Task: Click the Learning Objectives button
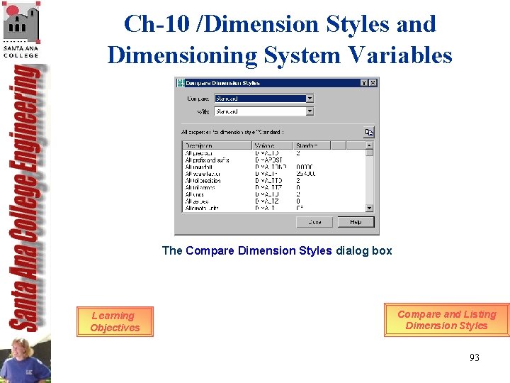point(115,321)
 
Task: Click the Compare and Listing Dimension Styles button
point(446,320)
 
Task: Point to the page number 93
point(474,357)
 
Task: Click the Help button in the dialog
point(356,222)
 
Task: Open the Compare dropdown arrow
point(310,99)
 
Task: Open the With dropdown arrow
point(310,111)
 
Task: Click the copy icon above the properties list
point(368,132)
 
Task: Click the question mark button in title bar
point(363,83)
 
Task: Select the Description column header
point(216,145)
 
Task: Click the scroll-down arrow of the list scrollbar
point(369,208)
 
